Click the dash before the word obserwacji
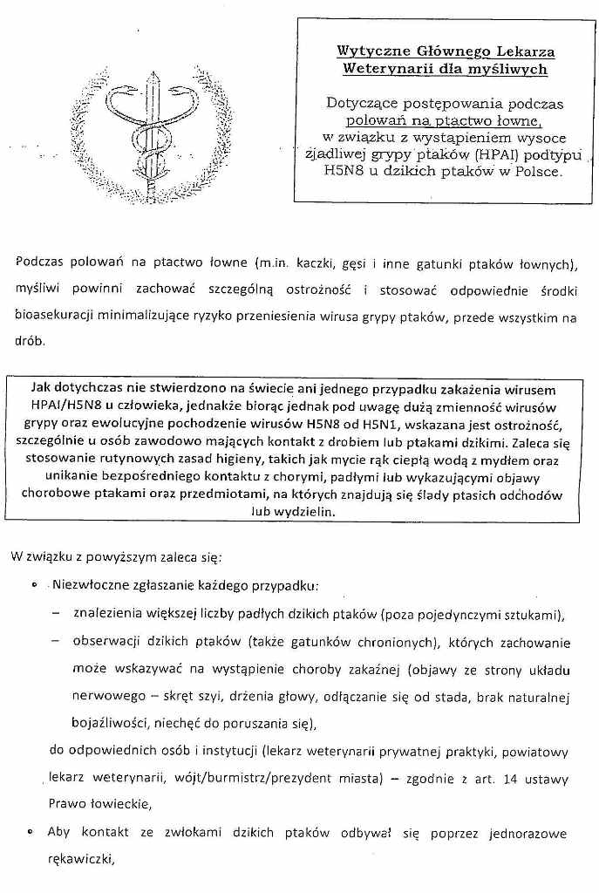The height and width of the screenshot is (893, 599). point(56,643)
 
